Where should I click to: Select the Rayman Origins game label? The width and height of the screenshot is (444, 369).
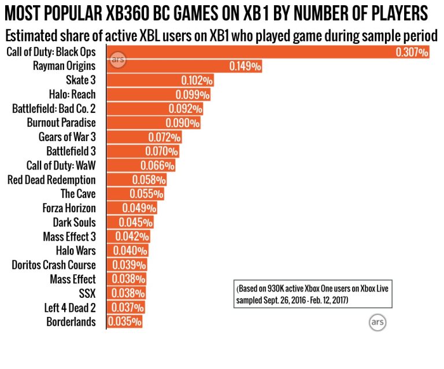coord(64,66)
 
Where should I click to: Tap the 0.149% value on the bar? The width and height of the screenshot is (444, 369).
coord(245,67)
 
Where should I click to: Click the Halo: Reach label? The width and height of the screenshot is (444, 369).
coord(72,94)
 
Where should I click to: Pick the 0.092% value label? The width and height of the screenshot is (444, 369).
coord(186,109)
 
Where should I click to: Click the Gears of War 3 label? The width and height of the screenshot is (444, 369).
coord(67,137)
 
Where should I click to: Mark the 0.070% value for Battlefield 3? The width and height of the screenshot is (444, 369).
coord(161,151)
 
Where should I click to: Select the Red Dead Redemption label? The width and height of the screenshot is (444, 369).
coord(51,179)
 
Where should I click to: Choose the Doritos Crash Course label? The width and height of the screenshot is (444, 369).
coord(54,265)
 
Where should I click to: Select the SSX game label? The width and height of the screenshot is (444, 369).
coord(87,293)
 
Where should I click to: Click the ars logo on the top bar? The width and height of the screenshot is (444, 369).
coord(117,60)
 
